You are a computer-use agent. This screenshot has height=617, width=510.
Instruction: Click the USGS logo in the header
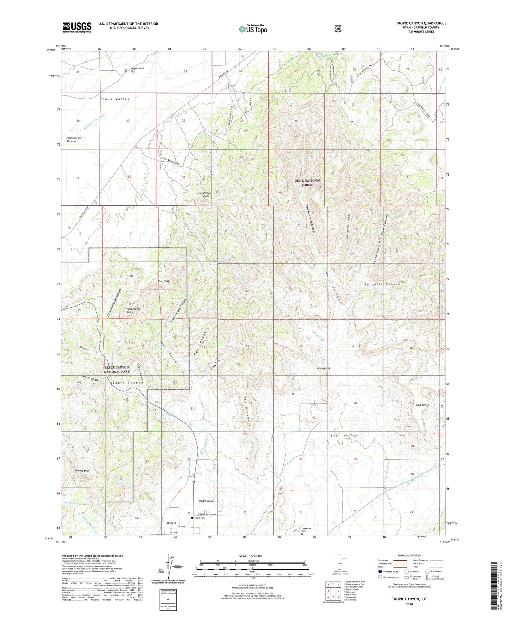(77, 27)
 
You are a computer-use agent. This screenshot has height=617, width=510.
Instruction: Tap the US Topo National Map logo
(253, 29)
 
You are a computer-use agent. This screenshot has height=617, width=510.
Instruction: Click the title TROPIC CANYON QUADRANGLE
(421, 23)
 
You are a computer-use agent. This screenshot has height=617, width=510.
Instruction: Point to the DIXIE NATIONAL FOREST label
(308, 183)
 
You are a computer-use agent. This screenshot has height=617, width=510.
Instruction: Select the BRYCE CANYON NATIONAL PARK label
(117, 370)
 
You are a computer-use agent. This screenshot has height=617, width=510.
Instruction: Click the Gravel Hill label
(323, 369)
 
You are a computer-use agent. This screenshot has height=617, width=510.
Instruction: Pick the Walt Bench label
(422, 405)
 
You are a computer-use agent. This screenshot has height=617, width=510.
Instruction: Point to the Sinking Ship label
(82, 471)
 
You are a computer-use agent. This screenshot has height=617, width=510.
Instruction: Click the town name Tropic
(171, 523)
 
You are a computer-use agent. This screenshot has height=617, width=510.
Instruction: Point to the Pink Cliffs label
(164, 281)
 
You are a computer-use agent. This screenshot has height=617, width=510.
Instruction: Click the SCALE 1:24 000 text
(250, 556)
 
